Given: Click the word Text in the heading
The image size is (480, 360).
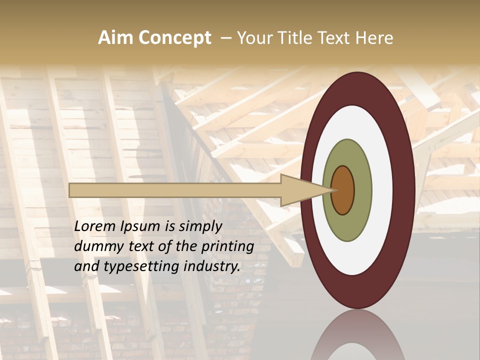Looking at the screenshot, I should (x=334, y=38).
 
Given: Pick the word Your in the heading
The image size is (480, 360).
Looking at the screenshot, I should (x=255, y=38).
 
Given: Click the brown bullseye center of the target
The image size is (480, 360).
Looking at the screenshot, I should (x=343, y=190).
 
